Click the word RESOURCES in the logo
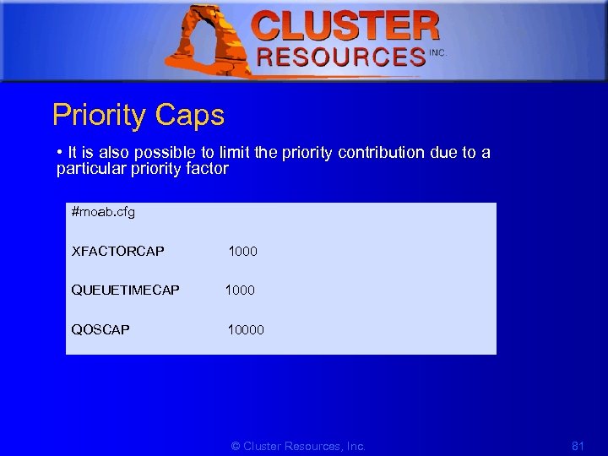tap(341, 57)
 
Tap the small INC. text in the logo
tap(437, 52)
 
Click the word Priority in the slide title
tap(99, 115)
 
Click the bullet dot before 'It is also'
tap(60, 153)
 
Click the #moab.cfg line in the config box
tap(104, 212)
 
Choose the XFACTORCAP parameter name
tap(118, 251)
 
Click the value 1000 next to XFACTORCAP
tap(243, 251)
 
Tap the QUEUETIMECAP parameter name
tap(126, 290)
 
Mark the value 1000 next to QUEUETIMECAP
tap(240, 290)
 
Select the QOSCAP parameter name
tap(101, 329)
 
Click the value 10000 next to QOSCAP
tap(246, 329)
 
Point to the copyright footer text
tap(298, 446)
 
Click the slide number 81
tap(578, 446)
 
